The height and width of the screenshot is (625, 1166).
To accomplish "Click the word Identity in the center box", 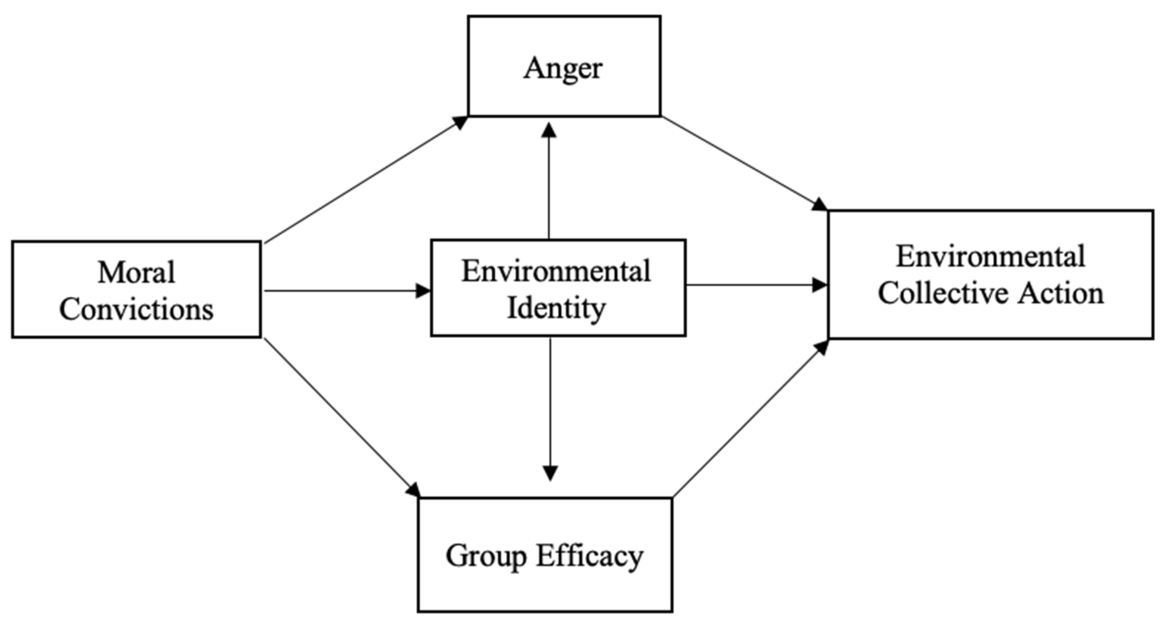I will (556, 309).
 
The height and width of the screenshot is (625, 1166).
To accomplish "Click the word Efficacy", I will (590, 556).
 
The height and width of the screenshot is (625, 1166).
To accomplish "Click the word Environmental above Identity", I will (556, 272).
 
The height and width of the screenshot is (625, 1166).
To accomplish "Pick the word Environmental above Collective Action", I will (991, 257).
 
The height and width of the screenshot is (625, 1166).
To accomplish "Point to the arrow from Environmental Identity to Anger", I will (549, 181).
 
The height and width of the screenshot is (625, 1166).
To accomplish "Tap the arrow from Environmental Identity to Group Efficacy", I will (550, 407).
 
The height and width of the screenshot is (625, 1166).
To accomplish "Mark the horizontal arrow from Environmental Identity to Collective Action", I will (756, 285).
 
